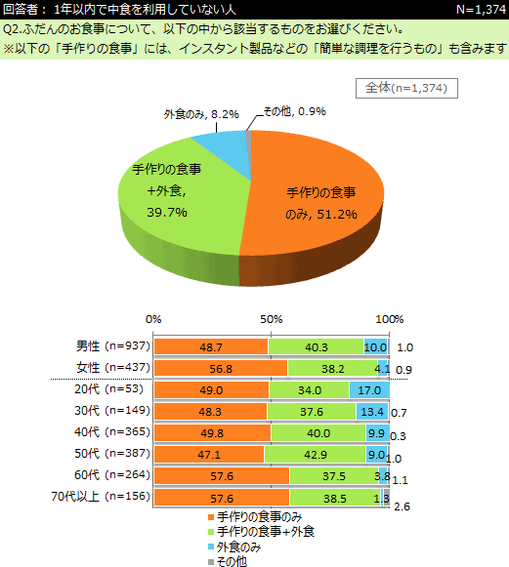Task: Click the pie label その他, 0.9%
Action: [295, 111]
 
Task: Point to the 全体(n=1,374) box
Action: [406, 88]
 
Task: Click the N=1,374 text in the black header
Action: [481, 10]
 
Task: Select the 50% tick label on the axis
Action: [272, 319]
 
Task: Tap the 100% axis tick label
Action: [390, 319]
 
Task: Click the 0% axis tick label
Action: [153, 319]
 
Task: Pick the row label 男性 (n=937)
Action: [113, 346]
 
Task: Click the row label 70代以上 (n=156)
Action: [101, 497]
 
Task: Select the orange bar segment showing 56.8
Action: [221, 368]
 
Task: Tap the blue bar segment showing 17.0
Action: [369, 389]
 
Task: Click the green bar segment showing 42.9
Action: [315, 454]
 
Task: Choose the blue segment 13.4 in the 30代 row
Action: [372, 411]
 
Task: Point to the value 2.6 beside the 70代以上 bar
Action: [402, 506]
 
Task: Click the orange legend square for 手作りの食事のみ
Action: [211, 517]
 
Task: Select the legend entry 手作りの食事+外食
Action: [262, 532]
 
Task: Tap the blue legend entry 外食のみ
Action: [234, 547]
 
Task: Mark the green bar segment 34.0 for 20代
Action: [310, 389]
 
